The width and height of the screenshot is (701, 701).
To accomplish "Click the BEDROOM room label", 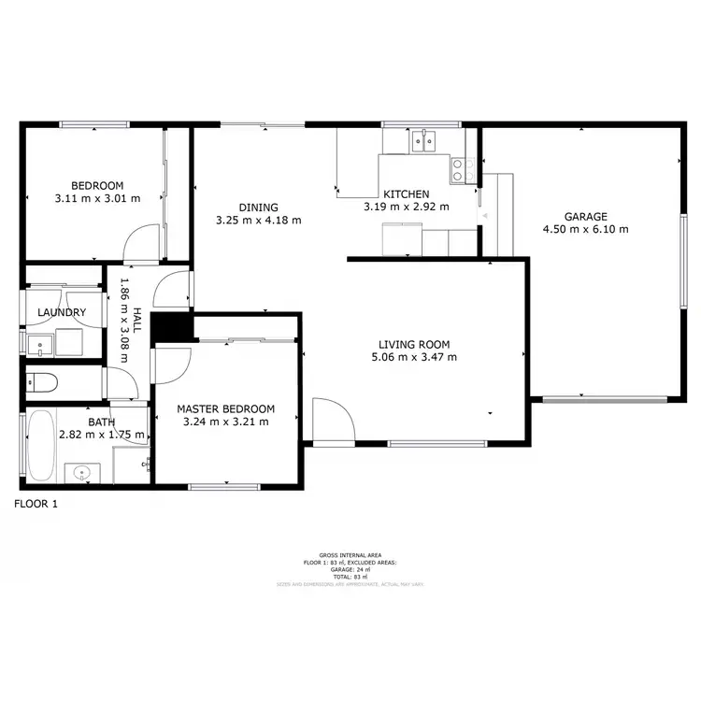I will (97, 186).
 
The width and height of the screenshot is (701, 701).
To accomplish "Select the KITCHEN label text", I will (406, 193).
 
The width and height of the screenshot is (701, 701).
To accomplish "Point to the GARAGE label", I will (585, 216).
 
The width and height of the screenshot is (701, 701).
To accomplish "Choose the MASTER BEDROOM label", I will (225, 408).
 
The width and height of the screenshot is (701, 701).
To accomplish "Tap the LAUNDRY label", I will (62, 313).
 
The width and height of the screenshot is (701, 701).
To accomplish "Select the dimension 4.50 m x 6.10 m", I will (585, 228).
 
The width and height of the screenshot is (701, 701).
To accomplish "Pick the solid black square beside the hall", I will (171, 328).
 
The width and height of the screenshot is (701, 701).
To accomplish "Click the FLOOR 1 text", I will (36, 504).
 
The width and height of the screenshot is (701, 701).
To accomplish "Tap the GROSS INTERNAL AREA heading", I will (350, 555).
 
